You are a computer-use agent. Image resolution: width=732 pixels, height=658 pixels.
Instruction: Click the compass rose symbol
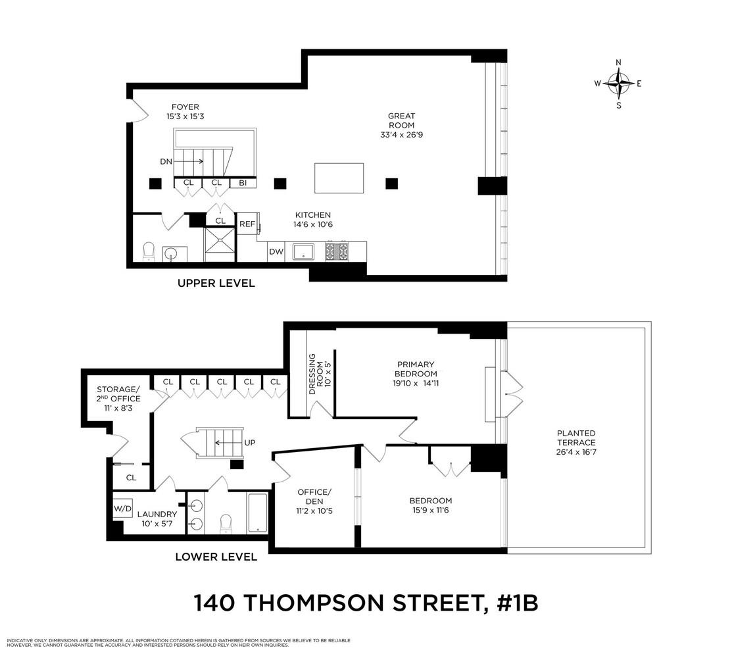pos(618,84)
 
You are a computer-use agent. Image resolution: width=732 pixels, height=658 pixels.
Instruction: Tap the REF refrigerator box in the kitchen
pos(247,224)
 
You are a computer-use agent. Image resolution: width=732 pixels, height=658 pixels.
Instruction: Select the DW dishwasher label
pos(276,251)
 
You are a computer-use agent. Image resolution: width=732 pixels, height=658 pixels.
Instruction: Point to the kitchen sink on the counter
pos(304,251)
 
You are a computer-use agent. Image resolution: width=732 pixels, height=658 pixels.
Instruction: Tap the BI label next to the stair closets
pos(243,182)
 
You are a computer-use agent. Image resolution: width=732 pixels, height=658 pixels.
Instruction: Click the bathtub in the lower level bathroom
pos(257,514)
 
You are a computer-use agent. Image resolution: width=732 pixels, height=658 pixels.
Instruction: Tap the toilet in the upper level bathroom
pos(149,251)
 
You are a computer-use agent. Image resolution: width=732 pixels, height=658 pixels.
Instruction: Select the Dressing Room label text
pos(321,378)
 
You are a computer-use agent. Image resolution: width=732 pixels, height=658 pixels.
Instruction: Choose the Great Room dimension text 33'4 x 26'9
pos(401,135)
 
